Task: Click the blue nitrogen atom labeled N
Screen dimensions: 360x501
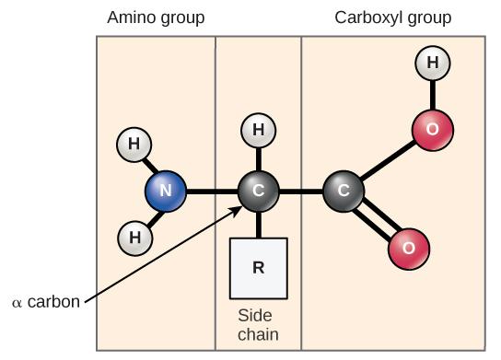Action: coord(166,192)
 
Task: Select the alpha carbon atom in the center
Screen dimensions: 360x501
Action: coord(258,192)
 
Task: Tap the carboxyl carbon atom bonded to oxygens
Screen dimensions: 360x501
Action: coord(344,192)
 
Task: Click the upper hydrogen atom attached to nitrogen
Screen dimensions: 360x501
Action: coord(134,145)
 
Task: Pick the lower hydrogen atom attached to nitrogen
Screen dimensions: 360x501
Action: coord(134,238)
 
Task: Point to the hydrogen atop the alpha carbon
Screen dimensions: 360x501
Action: coord(258,131)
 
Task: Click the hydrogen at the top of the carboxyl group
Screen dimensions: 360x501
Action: coord(432,64)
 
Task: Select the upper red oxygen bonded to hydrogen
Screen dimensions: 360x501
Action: coord(432,130)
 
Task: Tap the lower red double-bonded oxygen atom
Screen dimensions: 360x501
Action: coord(409,247)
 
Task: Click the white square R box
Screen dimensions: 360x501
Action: coord(258,269)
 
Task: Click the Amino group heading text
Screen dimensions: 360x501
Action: coord(156,17)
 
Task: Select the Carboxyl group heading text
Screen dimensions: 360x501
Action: coord(393,17)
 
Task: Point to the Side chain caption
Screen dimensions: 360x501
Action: coord(258,325)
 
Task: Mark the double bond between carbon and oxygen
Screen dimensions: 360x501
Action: coord(378,221)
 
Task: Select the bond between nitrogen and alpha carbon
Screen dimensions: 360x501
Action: coord(212,192)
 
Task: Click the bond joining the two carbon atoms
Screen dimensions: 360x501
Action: coord(301,192)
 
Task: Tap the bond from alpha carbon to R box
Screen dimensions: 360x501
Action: coord(258,225)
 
